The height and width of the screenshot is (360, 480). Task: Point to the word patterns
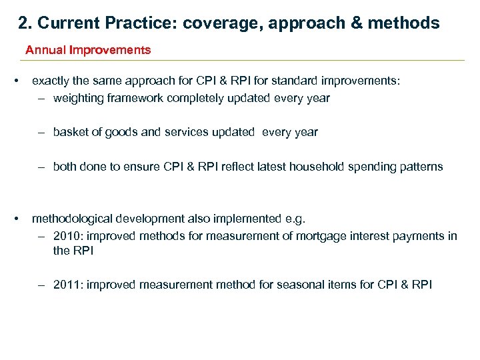tap(421, 167)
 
